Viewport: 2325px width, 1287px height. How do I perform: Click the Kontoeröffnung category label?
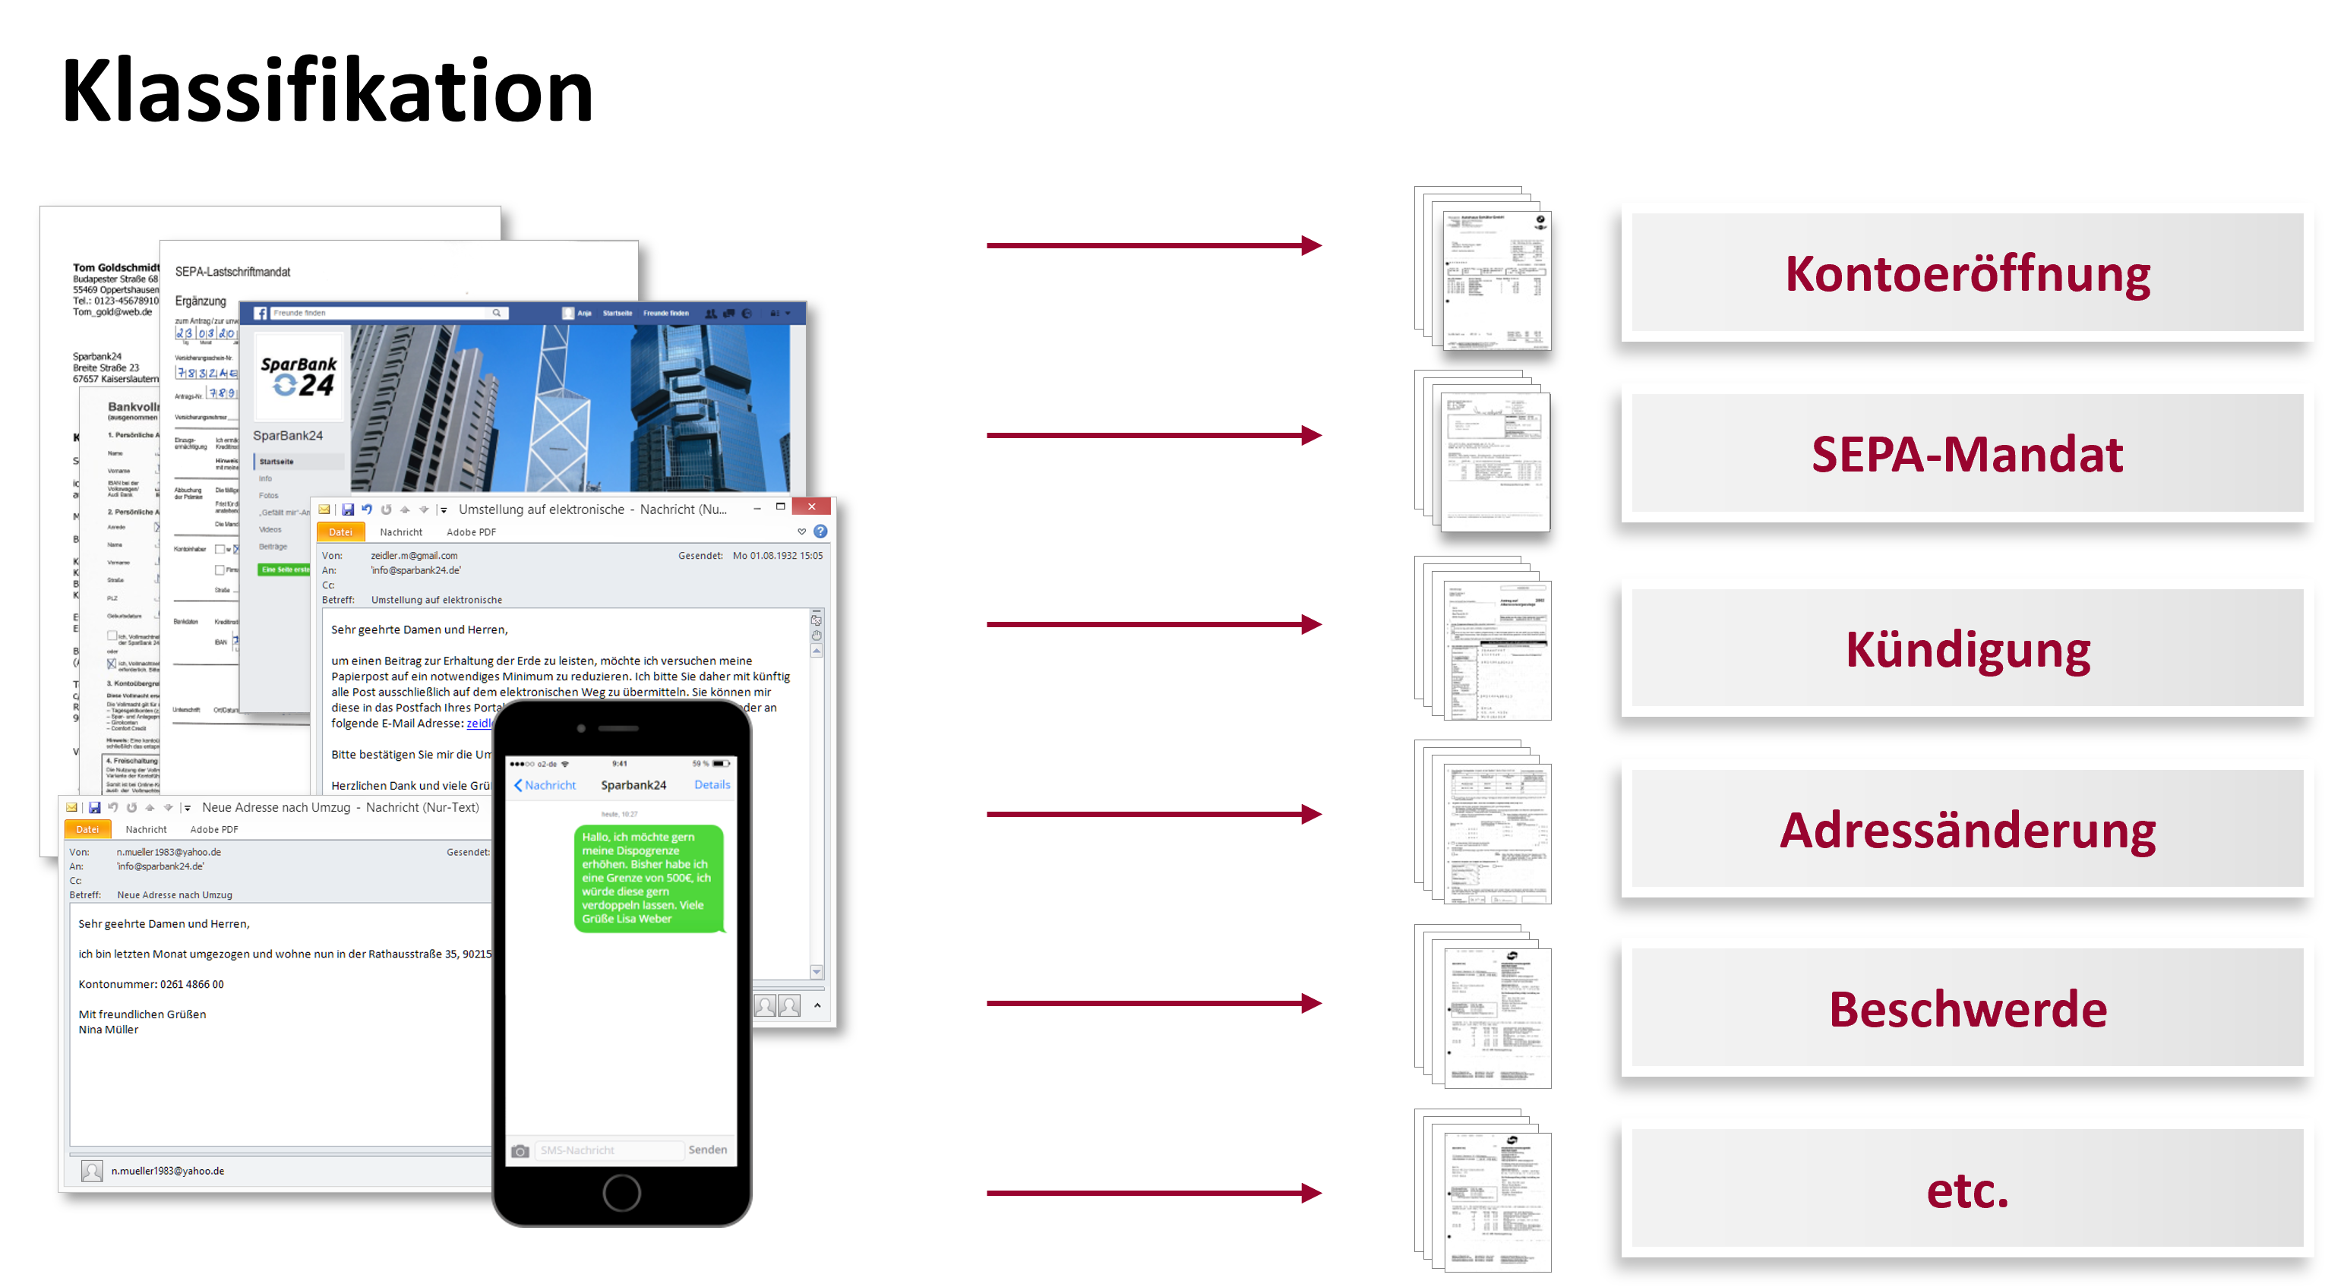click(1966, 273)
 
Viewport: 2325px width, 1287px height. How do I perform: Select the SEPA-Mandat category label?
click(1966, 453)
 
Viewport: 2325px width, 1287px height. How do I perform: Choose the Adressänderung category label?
click(1966, 828)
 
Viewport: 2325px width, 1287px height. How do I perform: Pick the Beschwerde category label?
click(1966, 1008)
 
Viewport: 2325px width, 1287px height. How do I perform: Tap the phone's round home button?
click(622, 1192)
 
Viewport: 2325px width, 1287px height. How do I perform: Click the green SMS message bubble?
click(648, 877)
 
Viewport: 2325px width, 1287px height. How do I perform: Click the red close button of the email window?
click(811, 507)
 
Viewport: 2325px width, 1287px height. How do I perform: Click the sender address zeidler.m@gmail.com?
click(414, 556)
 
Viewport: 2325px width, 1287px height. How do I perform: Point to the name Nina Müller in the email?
click(109, 1030)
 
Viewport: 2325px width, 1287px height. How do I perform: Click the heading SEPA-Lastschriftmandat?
click(233, 272)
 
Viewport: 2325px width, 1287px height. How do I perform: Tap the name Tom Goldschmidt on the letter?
click(115, 267)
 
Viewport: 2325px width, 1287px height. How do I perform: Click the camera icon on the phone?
click(520, 1151)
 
